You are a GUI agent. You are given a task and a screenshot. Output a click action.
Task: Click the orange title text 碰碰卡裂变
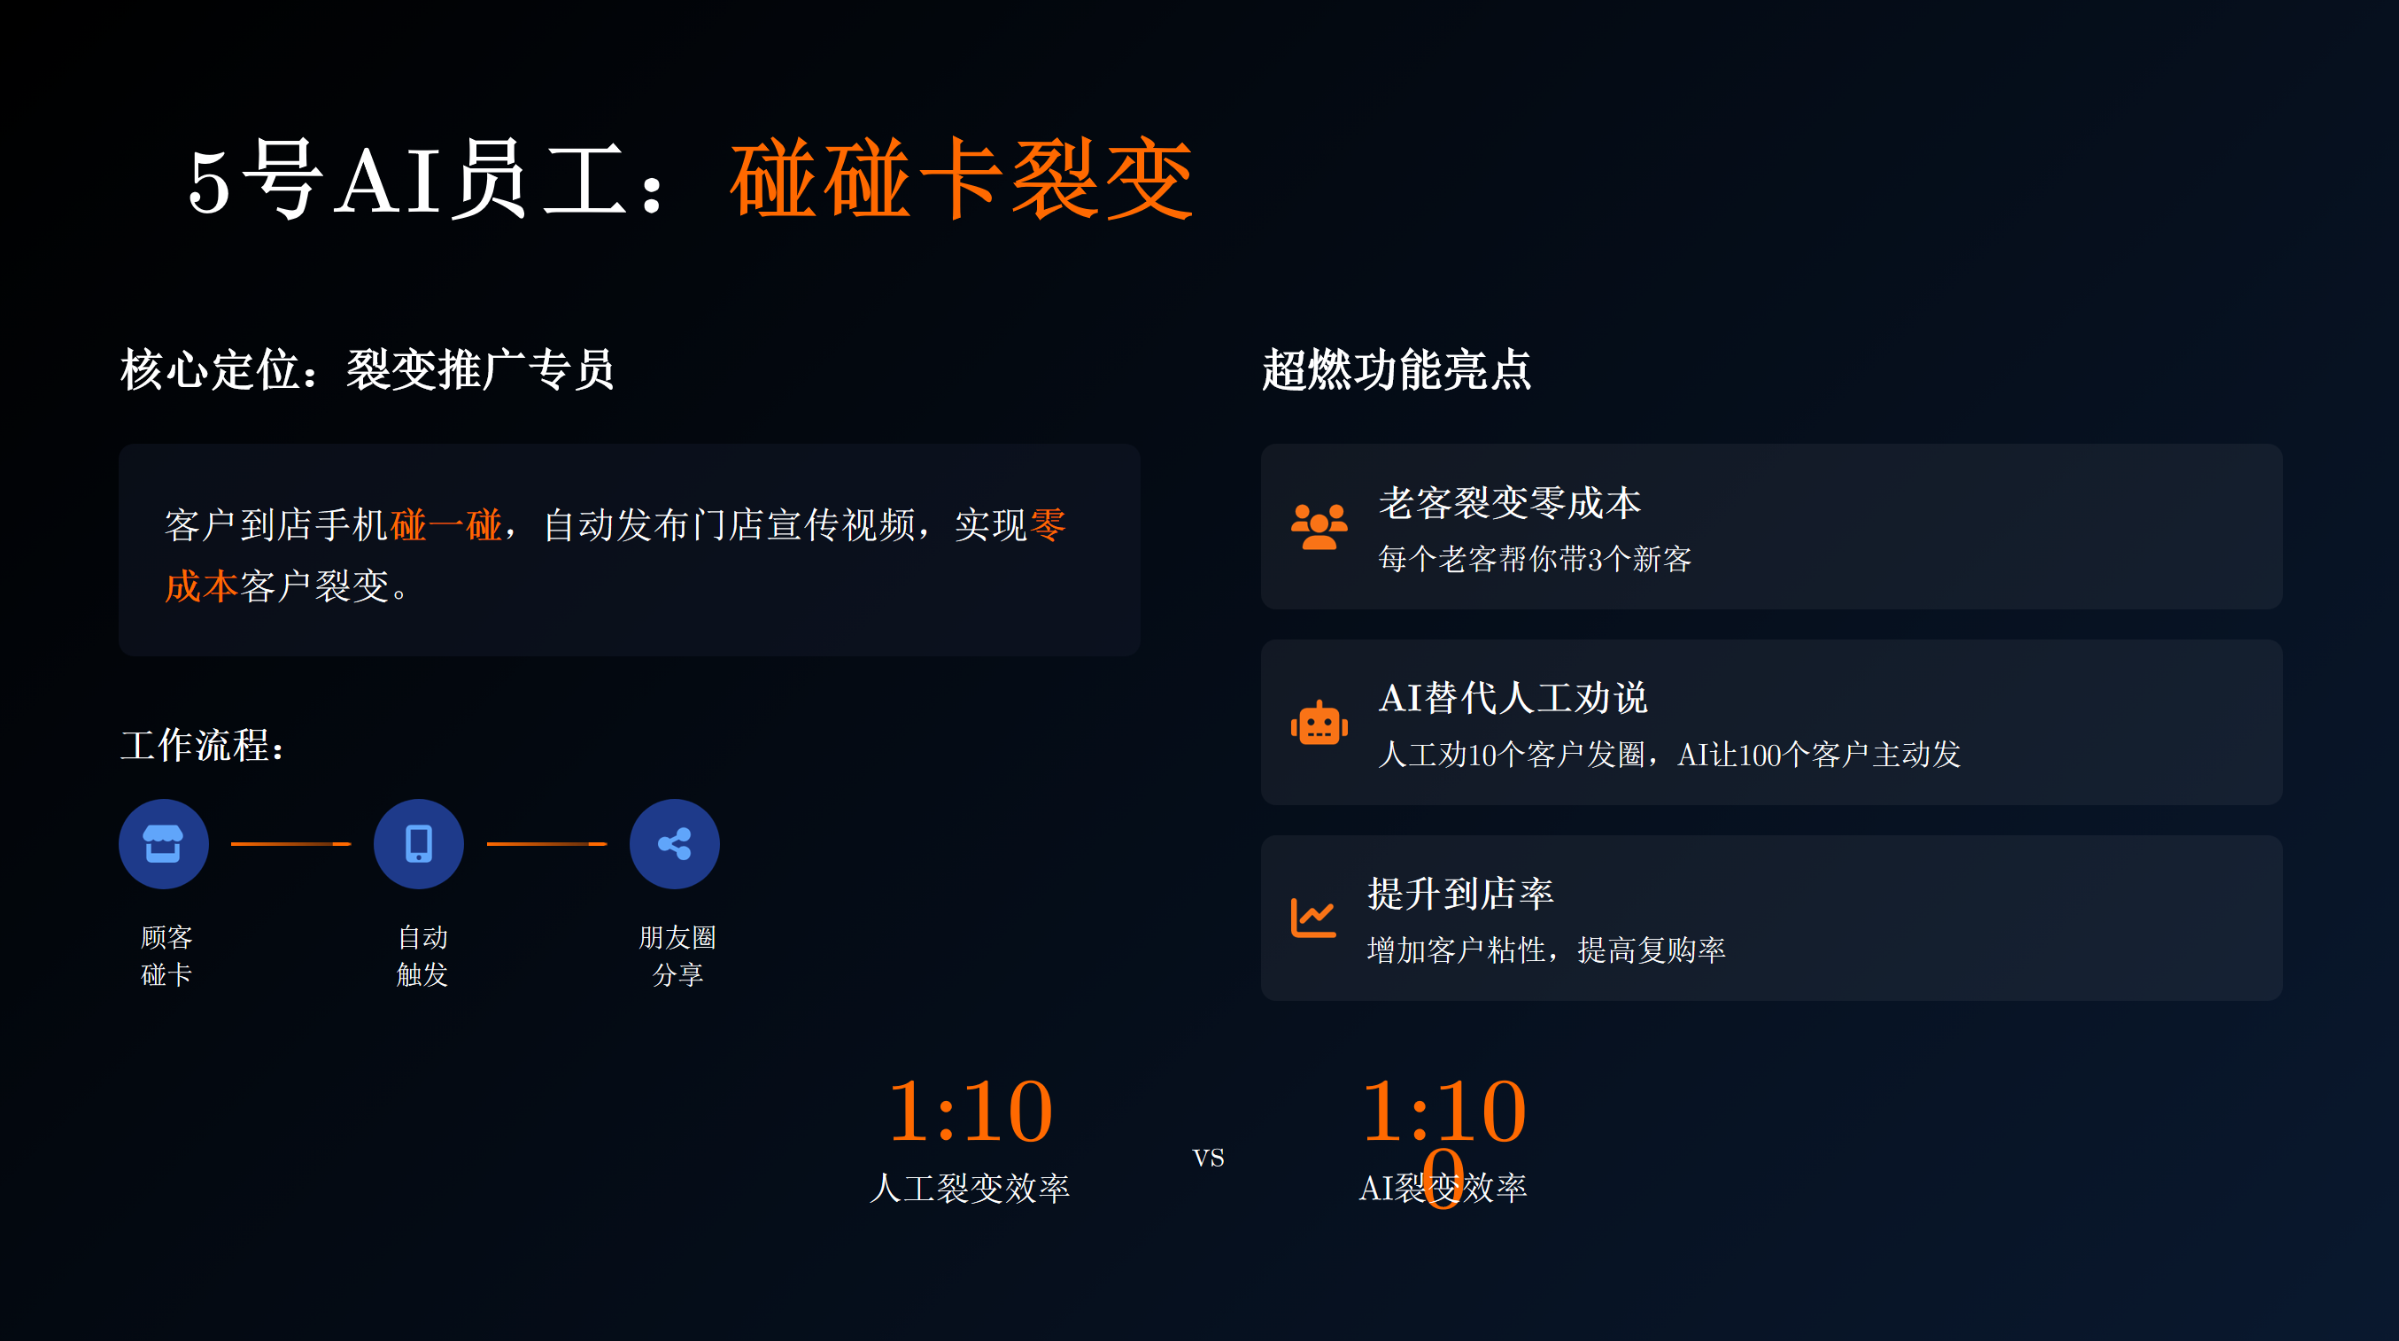pos(962,178)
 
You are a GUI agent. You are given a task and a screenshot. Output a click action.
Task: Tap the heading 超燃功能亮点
pos(1396,369)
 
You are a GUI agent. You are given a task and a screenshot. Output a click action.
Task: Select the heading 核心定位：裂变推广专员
pos(367,369)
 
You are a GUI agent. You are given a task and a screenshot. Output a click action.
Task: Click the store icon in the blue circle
pos(163,844)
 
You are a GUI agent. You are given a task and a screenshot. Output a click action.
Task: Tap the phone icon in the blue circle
pos(418,844)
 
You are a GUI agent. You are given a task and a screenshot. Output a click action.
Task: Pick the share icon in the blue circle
pos(674,844)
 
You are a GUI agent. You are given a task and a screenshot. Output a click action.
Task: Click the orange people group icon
pos(1319,527)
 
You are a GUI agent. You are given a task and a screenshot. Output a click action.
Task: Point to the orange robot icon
pos(1319,723)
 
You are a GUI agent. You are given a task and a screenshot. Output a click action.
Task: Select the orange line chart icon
pos(1313,919)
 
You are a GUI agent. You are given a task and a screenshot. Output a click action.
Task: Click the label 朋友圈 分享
pos(677,956)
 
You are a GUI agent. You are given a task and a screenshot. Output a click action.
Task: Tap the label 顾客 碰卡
pos(166,956)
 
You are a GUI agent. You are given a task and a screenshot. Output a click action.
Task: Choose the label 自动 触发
pos(422,956)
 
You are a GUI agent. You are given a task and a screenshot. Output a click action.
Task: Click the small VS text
pos(1208,1158)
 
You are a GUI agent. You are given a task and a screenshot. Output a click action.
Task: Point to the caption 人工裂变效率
pos(970,1189)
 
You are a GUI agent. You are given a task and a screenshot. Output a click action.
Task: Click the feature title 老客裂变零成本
pos(1510,503)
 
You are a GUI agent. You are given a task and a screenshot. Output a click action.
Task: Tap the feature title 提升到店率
pos(1460,894)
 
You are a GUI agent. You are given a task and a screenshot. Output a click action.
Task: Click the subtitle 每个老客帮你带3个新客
pos(1535,559)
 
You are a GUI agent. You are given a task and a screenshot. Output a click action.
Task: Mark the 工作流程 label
pos(202,746)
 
